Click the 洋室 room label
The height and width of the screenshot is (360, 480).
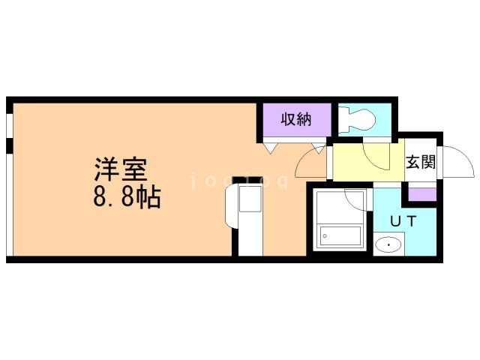(x=121, y=169)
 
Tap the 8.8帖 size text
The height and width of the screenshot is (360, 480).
(x=127, y=197)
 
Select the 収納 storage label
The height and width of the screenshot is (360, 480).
(x=296, y=119)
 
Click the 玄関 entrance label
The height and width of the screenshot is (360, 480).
(x=421, y=162)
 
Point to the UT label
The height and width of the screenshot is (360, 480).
(x=403, y=221)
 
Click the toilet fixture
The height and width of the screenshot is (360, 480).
(x=357, y=120)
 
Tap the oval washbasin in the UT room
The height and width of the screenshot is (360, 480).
(x=388, y=245)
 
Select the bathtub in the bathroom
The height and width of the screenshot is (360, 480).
(x=340, y=236)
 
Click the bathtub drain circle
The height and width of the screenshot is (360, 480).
(x=325, y=236)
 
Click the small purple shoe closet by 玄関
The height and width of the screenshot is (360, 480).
(x=422, y=194)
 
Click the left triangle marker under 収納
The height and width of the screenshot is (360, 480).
(x=270, y=148)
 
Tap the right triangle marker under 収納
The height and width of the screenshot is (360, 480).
(x=318, y=148)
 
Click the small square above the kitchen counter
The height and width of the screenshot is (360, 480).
(x=250, y=198)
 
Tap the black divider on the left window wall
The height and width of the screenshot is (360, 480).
(x=10, y=145)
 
